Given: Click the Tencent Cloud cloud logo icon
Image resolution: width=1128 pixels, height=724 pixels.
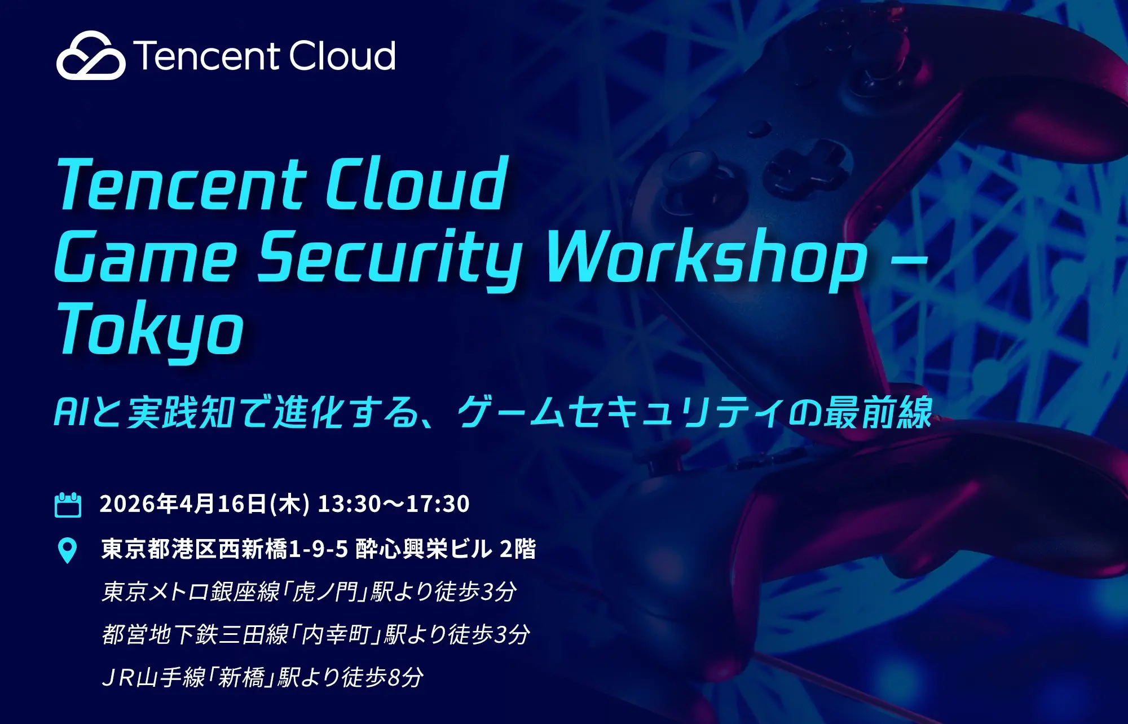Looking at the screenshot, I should [x=90, y=55].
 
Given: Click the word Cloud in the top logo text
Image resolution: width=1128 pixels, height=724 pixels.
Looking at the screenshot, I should [x=342, y=56].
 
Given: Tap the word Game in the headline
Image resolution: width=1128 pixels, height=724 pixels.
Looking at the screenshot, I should [x=146, y=258].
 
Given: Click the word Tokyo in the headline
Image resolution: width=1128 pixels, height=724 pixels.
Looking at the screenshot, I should [x=150, y=330].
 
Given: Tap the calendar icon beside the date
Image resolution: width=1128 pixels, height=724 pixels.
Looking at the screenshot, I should [x=68, y=505].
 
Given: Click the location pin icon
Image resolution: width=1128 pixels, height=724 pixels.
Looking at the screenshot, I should [x=68, y=550].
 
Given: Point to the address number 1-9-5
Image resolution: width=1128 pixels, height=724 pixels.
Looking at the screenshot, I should [x=318, y=549].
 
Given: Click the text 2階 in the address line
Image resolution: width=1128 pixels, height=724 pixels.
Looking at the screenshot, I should [x=518, y=549].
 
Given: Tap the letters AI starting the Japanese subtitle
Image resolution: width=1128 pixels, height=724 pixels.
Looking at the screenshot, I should [x=71, y=412].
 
